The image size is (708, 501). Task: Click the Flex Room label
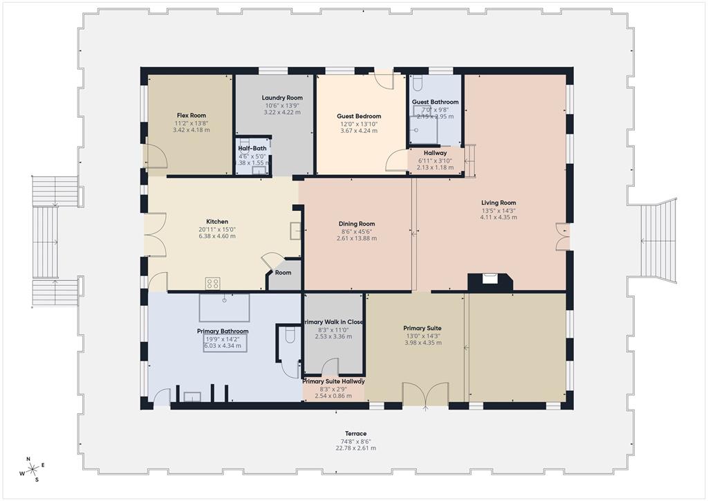coord(191,116)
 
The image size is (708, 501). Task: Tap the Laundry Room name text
coord(282,98)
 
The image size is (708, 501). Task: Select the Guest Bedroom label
coord(359,116)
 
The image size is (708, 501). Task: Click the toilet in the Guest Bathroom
coord(417,84)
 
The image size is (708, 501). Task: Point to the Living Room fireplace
coord(490,280)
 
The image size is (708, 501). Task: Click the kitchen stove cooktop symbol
coord(213,282)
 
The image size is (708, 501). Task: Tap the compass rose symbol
coord(32,469)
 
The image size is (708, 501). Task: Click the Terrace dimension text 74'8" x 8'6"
coord(356,441)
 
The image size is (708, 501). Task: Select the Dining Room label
coord(357,224)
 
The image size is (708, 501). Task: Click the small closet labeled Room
coord(283,273)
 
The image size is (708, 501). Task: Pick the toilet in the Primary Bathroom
coord(290,337)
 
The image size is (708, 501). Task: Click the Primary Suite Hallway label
coord(334,381)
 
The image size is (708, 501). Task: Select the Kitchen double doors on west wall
coord(156,235)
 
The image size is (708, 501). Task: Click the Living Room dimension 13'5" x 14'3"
coord(499,210)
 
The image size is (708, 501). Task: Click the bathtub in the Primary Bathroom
coord(225,307)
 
